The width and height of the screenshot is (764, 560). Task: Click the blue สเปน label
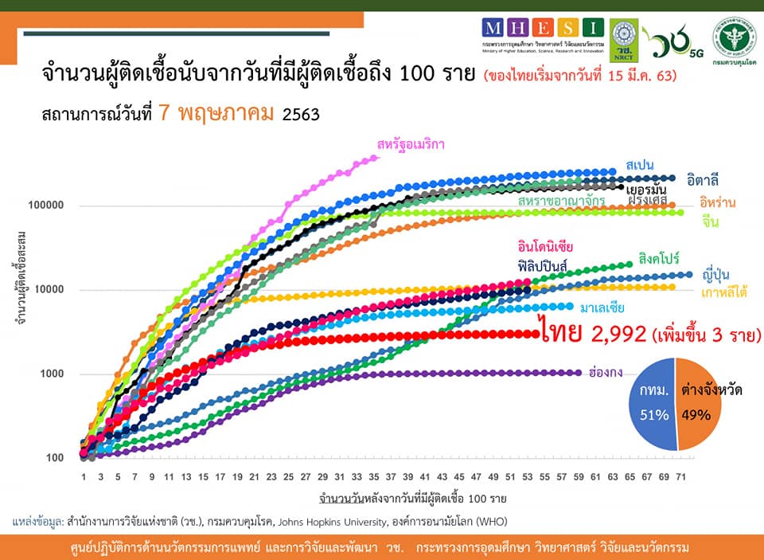pos(640,164)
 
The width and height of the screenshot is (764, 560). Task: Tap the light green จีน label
pos(711,222)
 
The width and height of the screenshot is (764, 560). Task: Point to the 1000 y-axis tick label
pos(52,374)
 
